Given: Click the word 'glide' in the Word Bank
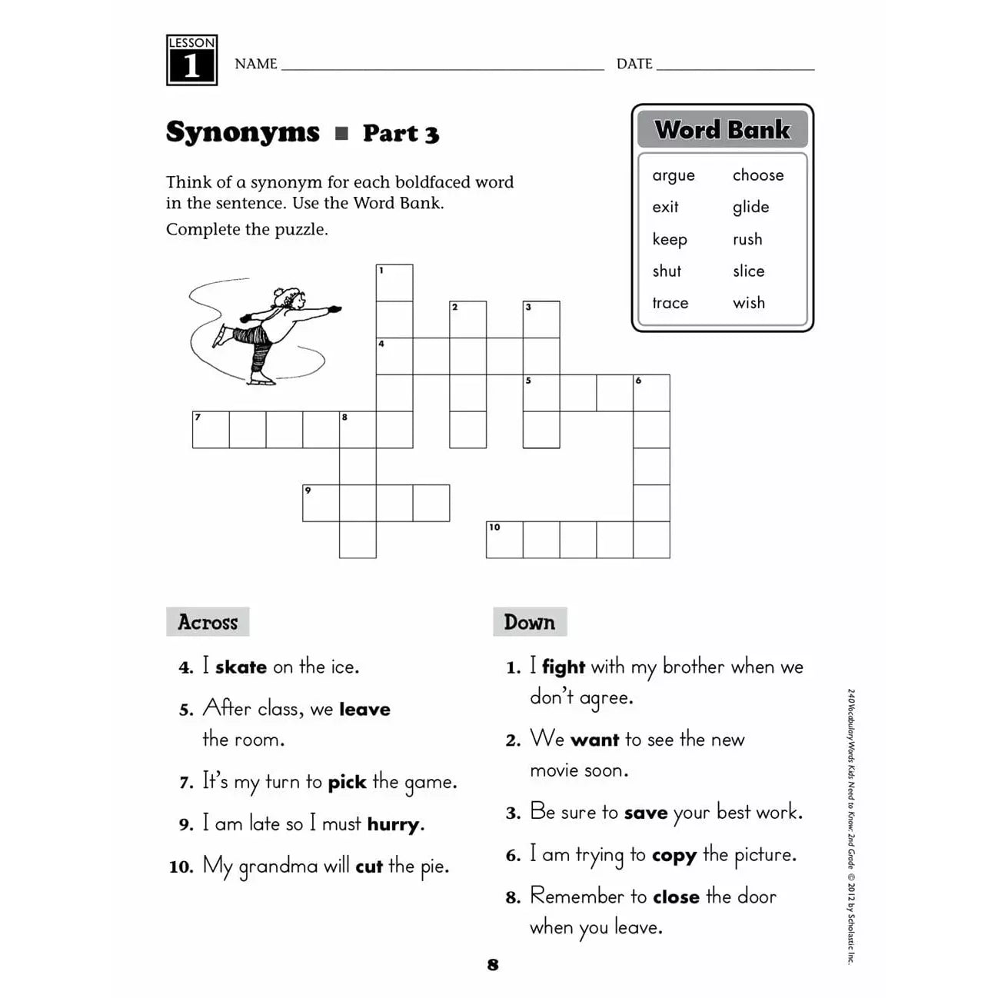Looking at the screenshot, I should [x=750, y=208].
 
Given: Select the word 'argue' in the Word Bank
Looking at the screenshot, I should [x=673, y=176].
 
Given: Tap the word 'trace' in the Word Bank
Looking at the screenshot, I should [x=670, y=303].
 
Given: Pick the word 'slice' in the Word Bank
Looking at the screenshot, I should [x=748, y=271].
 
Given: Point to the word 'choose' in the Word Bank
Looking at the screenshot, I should [x=757, y=175].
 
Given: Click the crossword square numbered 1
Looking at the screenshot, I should [x=394, y=283].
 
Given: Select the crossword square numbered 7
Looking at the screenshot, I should [x=211, y=430].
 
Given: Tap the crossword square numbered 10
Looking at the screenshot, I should [x=504, y=540].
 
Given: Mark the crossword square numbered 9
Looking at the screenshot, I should [x=321, y=503].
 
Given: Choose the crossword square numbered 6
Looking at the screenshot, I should [x=651, y=393].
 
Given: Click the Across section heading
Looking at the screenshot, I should [x=208, y=622].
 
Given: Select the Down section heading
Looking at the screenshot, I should [x=529, y=622].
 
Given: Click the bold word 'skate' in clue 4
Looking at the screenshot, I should [x=241, y=667].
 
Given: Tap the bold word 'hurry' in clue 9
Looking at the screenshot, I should [x=393, y=825].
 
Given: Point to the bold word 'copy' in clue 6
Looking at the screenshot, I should [x=674, y=856].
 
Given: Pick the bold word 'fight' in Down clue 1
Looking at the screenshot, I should [x=563, y=667].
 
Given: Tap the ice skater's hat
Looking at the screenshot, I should [x=290, y=294].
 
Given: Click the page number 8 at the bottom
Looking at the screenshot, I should [x=493, y=965].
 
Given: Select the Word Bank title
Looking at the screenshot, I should [x=722, y=129].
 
